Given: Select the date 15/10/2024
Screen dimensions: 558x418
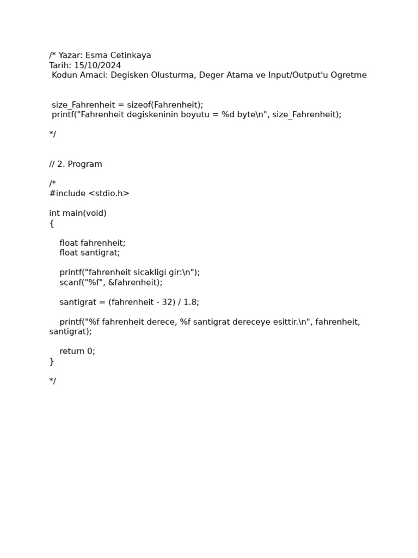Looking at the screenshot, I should (x=97, y=65).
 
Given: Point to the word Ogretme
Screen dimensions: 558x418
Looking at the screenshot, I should (x=349, y=75).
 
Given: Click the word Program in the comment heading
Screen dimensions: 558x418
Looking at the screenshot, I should (x=85, y=164).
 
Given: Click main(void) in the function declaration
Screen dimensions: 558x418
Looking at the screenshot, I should (x=84, y=213).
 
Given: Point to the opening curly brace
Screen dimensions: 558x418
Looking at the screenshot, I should (x=52, y=223).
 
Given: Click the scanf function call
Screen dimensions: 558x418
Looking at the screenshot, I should (x=70, y=282).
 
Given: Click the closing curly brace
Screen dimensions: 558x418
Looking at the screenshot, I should (x=52, y=361).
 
